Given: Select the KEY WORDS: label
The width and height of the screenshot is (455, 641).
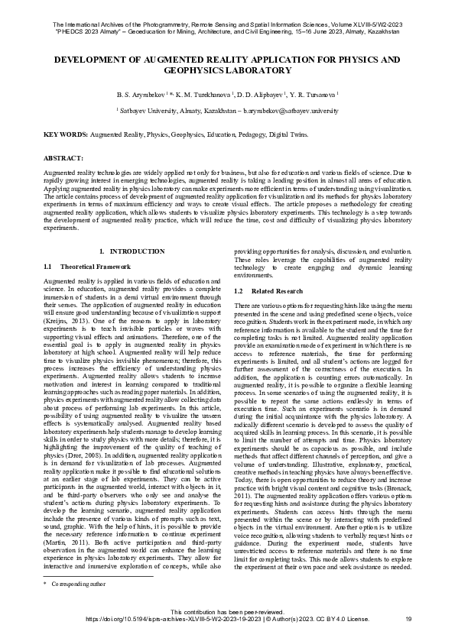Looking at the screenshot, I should (66, 134).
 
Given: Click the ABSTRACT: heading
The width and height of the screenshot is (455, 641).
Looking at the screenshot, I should (63, 158).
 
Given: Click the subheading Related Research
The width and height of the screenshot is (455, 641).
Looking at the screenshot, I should (273, 291).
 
